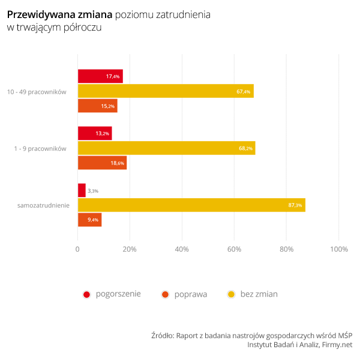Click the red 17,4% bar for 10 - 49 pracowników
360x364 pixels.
100,76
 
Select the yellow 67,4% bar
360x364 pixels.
166,91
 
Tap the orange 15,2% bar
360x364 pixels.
97,106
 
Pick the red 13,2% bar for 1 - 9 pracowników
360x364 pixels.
95,133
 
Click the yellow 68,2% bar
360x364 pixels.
166,148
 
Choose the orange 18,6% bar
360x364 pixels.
102,163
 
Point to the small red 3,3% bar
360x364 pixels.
82,190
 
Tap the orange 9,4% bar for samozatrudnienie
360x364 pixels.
89,220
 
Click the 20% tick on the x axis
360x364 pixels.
130,249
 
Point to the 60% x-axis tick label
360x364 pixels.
235,249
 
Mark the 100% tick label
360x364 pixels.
339,249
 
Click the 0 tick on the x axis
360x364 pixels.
77,249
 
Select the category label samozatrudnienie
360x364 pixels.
43,205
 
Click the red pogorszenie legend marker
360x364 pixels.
86,294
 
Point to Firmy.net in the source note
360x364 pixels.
337,345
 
